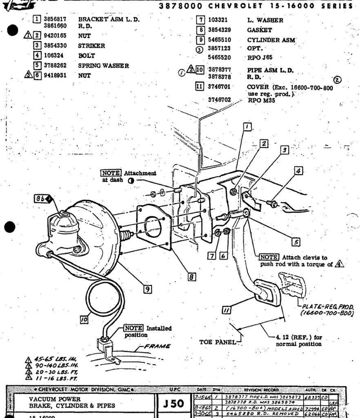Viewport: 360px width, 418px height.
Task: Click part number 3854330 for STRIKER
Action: (x=55, y=46)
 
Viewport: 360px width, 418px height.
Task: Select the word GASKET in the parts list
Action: (x=259, y=30)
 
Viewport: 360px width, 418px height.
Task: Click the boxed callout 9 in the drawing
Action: (x=148, y=289)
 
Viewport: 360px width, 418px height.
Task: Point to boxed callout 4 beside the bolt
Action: (x=298, y=171)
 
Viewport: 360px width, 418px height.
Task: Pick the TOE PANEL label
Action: (x=217, y=342)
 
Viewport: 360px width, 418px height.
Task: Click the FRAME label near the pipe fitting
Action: (x=157, y=346)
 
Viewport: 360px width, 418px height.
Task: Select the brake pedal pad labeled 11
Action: (x=267, y=291)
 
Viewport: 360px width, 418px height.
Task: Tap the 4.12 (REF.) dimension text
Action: (x=299, y=337)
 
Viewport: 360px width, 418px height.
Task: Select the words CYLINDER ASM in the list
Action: (x=271, y=40)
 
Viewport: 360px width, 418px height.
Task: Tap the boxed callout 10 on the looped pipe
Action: (x=84, y=320)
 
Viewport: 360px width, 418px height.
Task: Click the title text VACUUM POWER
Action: (x=55, y=399)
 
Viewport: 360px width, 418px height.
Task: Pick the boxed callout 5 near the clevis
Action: (x=297, y=242)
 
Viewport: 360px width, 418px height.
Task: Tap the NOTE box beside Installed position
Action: (x=133, y=328)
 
